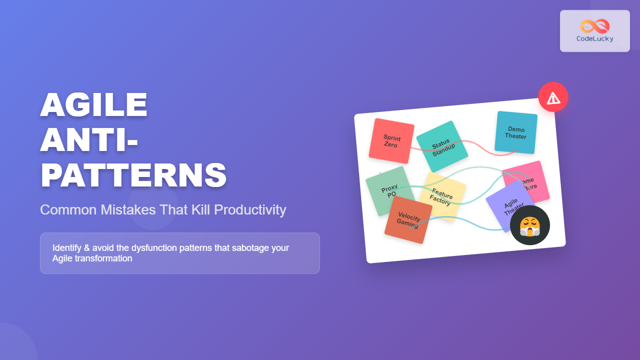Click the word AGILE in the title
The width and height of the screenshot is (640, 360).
pos(94,105)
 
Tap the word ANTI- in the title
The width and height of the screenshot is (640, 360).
pos(89,140)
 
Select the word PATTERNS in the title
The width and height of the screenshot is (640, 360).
pos(133,175)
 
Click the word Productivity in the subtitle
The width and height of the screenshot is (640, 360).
pos(250,210)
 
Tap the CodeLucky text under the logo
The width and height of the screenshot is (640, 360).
pos(595,38)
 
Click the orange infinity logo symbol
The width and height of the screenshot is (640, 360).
pos(595,26)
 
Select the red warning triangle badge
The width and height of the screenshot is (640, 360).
pos(553,97)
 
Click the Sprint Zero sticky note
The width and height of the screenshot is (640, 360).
pos(391,140)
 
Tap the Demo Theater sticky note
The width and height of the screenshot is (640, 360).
pos(516,132)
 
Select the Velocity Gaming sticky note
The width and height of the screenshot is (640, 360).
pos(408,219)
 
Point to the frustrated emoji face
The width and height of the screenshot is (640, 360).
pos(529,225)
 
